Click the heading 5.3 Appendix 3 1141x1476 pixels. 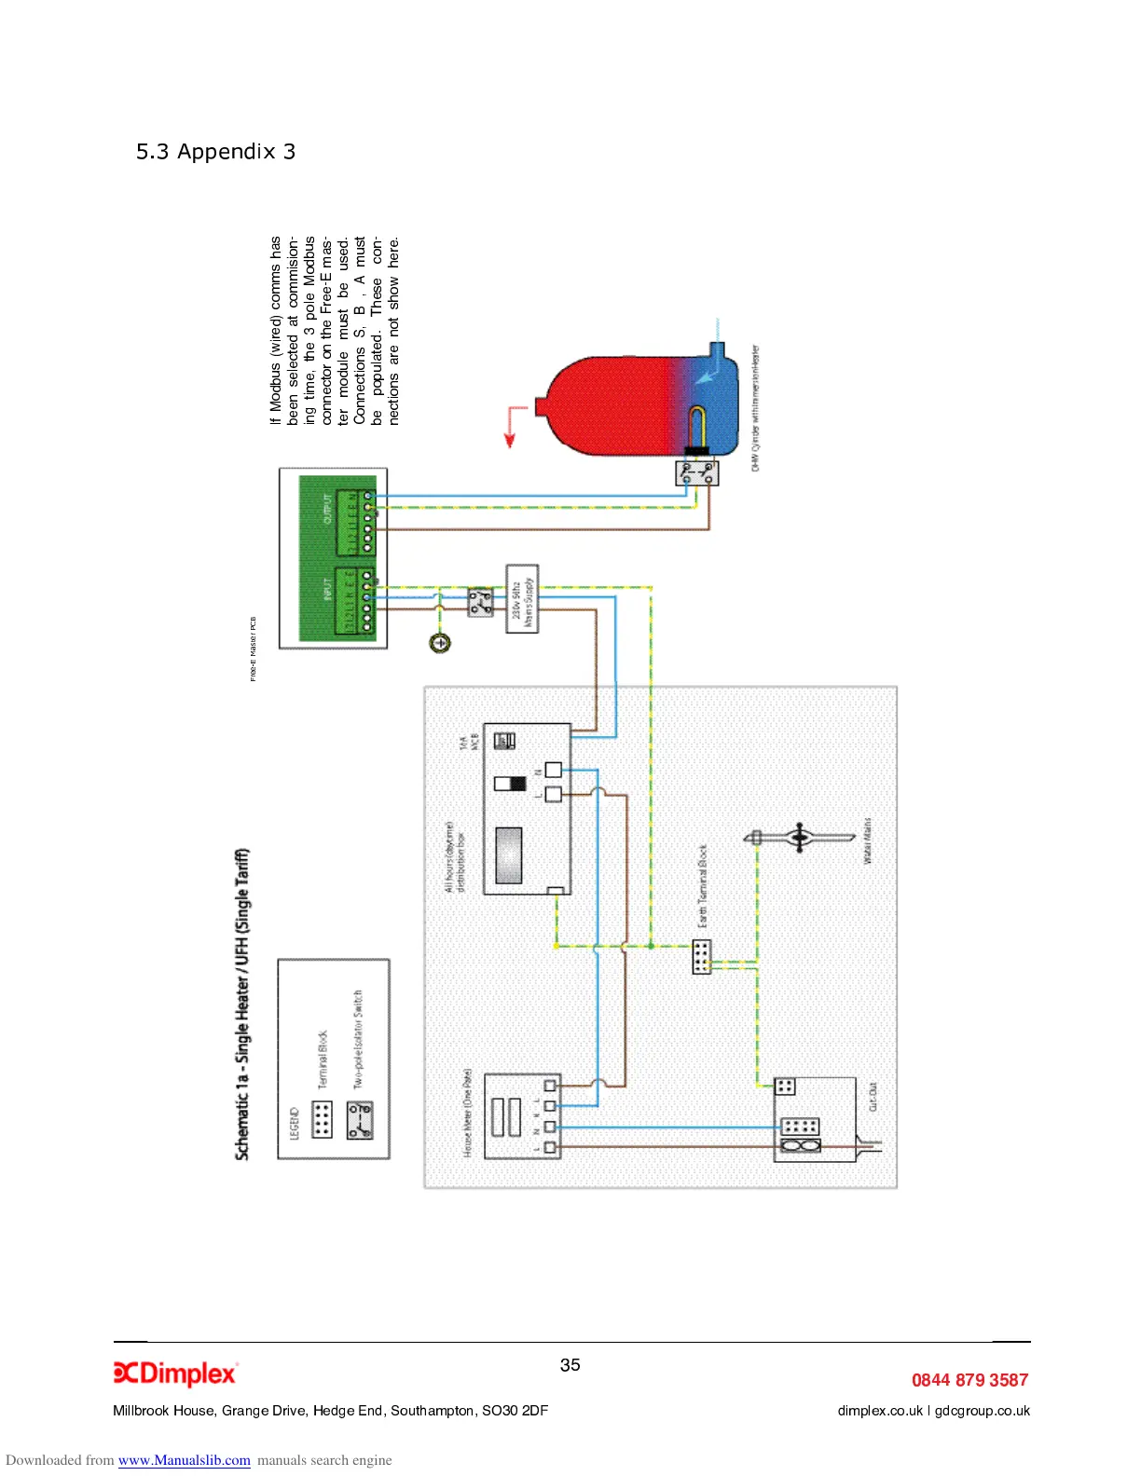coord(215,152)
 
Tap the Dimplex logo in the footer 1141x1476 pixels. coord(175,1373)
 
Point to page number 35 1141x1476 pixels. coord(570,1365)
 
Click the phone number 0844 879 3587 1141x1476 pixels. coord(969,1380)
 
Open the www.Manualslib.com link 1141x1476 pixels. coord(184,1460)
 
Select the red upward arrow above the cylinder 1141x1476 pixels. coord(511,428)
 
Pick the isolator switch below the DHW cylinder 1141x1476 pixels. coord(697,472)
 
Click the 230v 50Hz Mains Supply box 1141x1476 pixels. coord(522,598)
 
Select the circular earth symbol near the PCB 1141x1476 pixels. coord(440,642)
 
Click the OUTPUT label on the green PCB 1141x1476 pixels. coord(327,510)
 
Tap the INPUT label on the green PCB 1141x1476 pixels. coord(327,590)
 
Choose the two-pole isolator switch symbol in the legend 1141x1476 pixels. coord(360,1120)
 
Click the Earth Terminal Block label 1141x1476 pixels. coord(703,885)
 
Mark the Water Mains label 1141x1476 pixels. coord(867,840)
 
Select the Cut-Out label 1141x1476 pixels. coord(873,1096)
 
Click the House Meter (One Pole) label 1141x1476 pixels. coord(468,1113)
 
